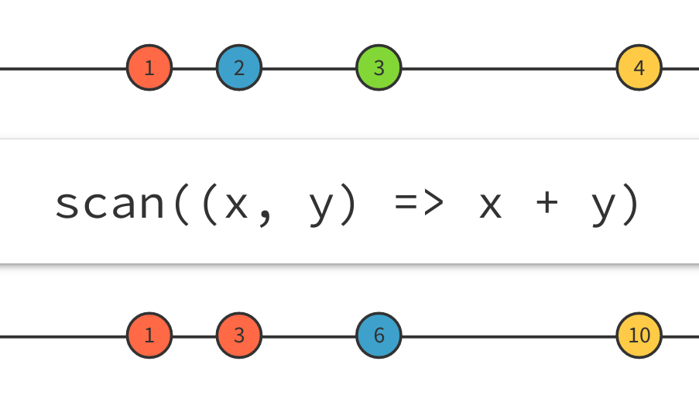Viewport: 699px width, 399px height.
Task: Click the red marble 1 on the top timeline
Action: pyautogui.click(x=149, y=68)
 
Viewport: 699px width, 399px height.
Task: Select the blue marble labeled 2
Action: pyautogui.click(x=239, y=68)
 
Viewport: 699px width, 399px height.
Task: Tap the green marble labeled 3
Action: pyautogui.click(x=379, y=68)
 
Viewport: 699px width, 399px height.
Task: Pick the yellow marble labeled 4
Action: pyautogui.click(x=639, y=68)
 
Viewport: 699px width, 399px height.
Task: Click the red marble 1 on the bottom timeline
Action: pyautogui.click(x=149, y=336)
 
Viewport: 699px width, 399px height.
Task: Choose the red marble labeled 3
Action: pyautogui.click(x=239, y=336)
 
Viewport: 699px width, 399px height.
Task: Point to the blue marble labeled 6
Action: pyautogui.click(x=379, y=336)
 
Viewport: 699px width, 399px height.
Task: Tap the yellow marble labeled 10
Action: pyautogui.click(x=639, y=336)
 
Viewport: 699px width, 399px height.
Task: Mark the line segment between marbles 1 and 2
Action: pyautogui.click(x=194, y=68)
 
